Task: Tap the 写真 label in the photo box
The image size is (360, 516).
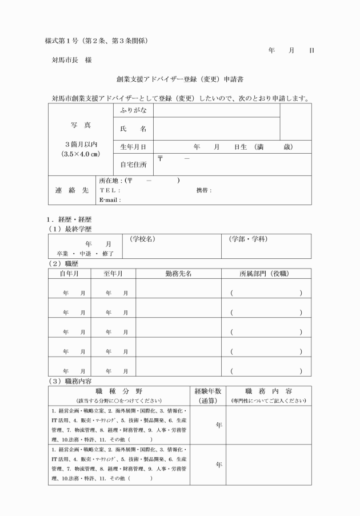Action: tap(81, 125)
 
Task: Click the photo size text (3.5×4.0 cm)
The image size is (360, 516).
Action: tap(81, 154)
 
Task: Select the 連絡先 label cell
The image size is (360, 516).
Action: tap(71, 190)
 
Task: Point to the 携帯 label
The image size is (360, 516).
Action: tap(203, 190)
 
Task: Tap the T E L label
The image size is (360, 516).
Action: tap(110, 190)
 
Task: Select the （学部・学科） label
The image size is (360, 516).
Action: tap(247, 238)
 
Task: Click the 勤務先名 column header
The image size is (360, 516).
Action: tap(178, 274)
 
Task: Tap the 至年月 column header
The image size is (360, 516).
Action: tap(113, 274)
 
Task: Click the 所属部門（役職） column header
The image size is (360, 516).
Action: tap(266, 274)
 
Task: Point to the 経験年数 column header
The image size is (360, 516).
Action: tap(207, 391)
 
